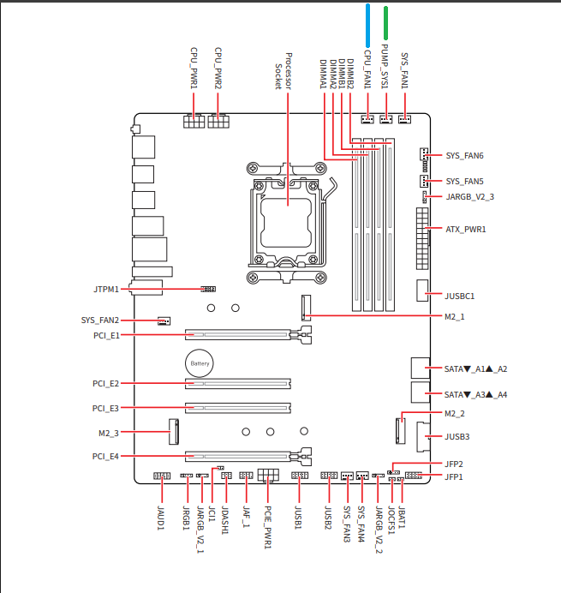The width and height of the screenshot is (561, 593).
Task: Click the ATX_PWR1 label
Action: tap(466, 230)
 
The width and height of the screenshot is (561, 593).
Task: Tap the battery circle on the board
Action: tap(200, 363)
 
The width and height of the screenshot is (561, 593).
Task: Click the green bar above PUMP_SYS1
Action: tap(386, 25)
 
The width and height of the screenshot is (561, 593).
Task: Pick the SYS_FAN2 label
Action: tap(100, 320)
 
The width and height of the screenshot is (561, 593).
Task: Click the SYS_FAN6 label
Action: tap(465, 156)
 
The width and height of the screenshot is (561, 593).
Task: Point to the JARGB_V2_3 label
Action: tap(470, 197)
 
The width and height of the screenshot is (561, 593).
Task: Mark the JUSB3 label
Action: tap(457, 437)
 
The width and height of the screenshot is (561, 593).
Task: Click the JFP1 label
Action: tap(454, 476)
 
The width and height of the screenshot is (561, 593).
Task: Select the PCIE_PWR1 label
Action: tap(268, 525)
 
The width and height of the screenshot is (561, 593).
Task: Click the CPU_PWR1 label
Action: tap(194, 69)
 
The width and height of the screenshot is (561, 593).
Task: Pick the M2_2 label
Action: tap(455, 414)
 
